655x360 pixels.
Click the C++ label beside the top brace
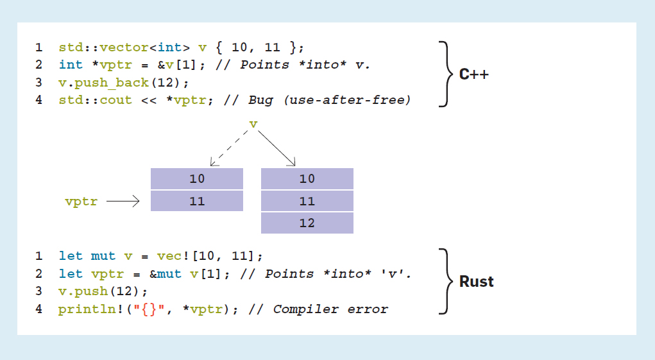pyautogui.click(x=473, y=74)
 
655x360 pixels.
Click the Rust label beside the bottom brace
pyautogui.click(x=476, y=281)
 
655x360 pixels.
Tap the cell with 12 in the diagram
pyautogui.click(x=307, y=223)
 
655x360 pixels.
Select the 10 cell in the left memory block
pyautogui.click(x=197, y=179)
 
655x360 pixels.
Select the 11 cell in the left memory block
pyautogui.click(x=197, y=201)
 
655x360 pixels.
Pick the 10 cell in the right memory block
pyautogui.click(x=307, y=179)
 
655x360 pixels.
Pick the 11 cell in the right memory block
pyautogui.click(x=307, y=201)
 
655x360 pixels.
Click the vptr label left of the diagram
pyautogui.click(x=81, y=201)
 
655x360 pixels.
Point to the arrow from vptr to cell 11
pyautogui.click(x=123, y=201)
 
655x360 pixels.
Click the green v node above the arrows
pyautogui.click(x=253, y=124)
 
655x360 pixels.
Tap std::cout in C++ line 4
pyautogui.click(x=95, y=100)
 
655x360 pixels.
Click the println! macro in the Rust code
pyautogui.click(x=83, y=309)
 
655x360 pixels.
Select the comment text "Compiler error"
pyautogui.click(x=330, y=309)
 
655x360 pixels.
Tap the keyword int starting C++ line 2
pyautogui.click(x=71, y=65)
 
